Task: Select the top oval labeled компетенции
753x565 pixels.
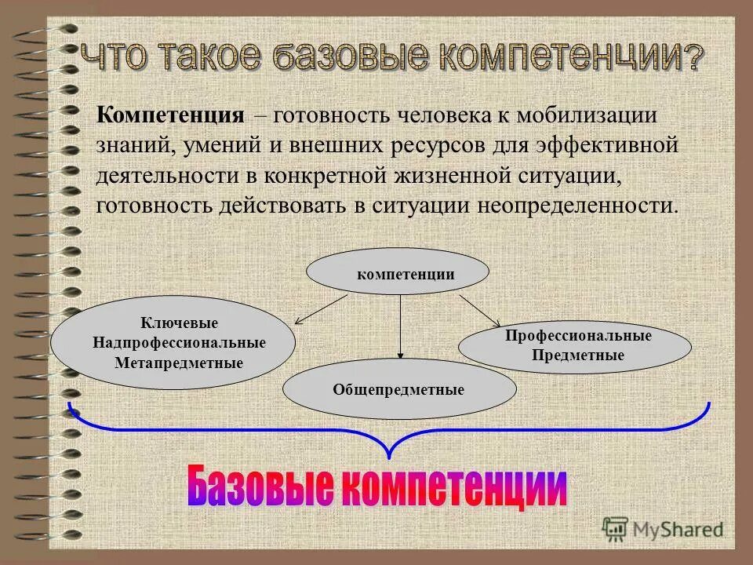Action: [397, 272]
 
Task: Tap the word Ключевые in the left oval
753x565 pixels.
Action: [179, 323]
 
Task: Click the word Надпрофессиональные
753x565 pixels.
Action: [179, 343]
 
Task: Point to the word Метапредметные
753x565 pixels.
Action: [179, 363]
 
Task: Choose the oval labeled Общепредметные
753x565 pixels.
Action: [398, 389]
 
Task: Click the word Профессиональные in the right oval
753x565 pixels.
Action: [578, 336]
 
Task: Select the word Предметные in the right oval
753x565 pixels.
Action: [578, 355]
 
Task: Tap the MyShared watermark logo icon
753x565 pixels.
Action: [616, 530]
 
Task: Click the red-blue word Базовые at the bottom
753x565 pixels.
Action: [258, 486]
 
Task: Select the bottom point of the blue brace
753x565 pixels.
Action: [388, 455]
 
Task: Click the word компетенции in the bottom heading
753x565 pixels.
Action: [454, 486]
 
